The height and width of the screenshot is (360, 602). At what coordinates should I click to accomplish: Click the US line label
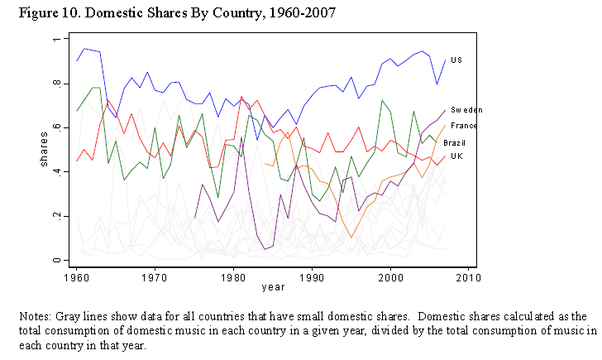[456, 60]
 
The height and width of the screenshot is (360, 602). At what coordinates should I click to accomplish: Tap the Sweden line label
[466, 109]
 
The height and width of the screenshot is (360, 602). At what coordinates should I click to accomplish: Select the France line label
[464, 125]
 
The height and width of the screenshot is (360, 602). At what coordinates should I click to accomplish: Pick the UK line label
[456, 156]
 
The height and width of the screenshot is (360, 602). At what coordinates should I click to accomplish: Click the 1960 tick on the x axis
[77, 276]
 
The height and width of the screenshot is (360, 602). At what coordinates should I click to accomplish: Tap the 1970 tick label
[155, 276]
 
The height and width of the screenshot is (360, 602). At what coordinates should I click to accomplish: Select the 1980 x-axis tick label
[233, 276]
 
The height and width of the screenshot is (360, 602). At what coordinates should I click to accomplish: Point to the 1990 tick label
[312, 276]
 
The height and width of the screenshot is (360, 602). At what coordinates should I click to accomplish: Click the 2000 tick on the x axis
[389, 276]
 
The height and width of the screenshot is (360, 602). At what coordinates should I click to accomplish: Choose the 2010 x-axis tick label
[468, 276]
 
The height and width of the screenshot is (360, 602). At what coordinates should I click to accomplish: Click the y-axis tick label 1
[55, 40]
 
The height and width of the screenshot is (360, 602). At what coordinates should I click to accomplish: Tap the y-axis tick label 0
[55, 260]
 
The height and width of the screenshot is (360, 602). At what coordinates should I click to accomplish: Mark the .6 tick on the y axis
[55, 127]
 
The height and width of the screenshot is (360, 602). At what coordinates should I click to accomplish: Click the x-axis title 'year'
[273, 287]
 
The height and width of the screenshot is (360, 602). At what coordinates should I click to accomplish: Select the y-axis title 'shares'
[44, 150]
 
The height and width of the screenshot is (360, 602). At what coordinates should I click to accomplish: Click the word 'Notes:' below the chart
[34, 317]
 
